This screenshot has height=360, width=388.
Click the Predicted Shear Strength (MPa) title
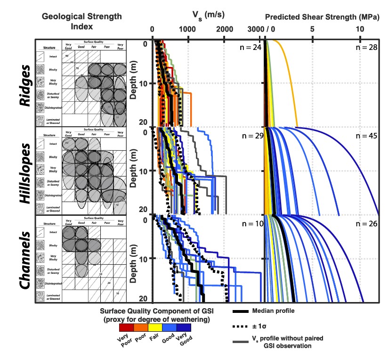coord(323,17)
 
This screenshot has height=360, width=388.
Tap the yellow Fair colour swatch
coord(155,327)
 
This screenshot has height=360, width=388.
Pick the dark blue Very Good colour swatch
coord(184,327)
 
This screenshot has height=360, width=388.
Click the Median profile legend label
coord(274,311)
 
